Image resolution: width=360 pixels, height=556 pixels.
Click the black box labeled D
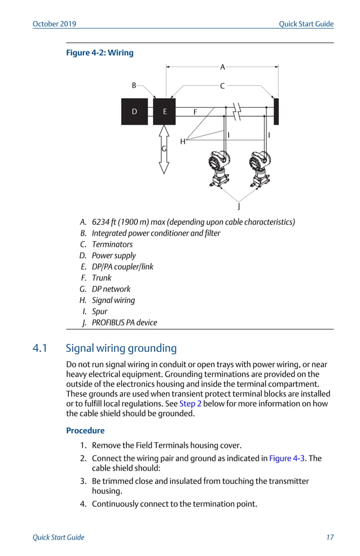click(x=134, y=112)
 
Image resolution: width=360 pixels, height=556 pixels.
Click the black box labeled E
click(x=164, y=112)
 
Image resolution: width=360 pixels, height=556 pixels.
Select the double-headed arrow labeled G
click(x=164, y=149)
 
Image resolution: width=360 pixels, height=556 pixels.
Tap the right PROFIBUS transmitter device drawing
click(x=260, y=169)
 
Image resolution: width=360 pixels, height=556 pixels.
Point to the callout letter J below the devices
click(x=239, y=206)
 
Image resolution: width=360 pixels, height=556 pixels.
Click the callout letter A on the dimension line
click(x=222, y=67)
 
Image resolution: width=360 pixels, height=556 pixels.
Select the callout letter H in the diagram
click(x=183, y=142)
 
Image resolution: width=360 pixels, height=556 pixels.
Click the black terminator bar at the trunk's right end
click(x=276, y=112)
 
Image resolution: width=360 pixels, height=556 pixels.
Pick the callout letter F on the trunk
click(x=195, y=112)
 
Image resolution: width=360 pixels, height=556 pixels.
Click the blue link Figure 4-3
click(x=287, y=458)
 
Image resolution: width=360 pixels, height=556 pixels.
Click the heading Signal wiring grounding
click(x=121, y=348)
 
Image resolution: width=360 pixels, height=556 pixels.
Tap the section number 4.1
click(x=41, y=348)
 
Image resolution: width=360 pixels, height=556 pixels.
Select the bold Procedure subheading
click(x=85, y=431)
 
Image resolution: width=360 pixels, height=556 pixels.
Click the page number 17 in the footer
click(x=330, y=537)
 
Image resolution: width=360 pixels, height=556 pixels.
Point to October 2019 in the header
click(x=54, y=24)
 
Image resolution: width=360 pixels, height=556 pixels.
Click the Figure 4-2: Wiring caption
click(x=100, y=53)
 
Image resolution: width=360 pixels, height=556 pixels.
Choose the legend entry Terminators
click(x=112, y=244)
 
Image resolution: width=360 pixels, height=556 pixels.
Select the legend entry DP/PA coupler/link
click(x=122, y=267)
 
